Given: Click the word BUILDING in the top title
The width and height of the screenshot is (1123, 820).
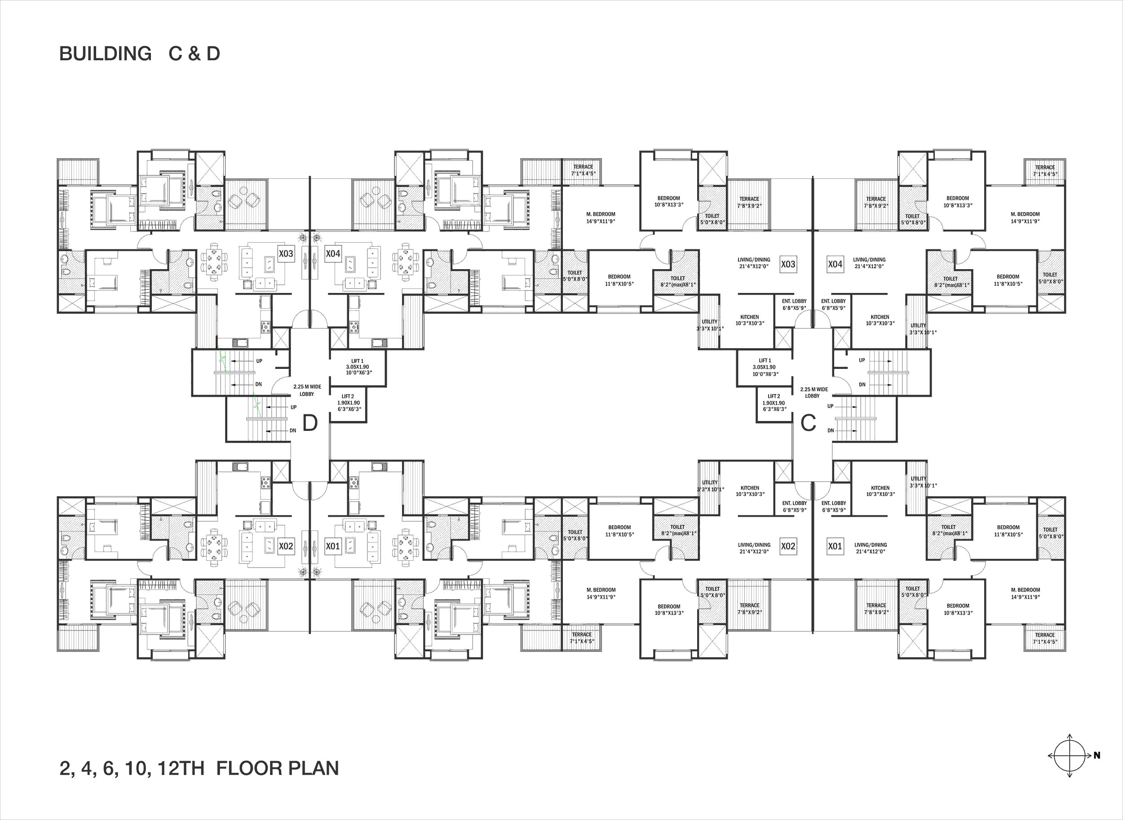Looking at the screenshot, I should click(x=105, y=53).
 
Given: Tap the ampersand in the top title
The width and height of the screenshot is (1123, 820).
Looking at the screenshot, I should click(x=194, y=53).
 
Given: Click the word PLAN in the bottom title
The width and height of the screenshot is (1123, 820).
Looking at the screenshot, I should click(x=314, y=768).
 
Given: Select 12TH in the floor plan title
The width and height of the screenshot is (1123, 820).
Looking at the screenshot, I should click(x=181, y=768).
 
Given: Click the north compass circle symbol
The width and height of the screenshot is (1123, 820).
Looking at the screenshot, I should click(x=1070, y=755).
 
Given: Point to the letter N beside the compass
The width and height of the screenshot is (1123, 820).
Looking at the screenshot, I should click(x=1096, y=755).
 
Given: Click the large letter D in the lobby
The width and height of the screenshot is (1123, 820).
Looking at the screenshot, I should click(x=310, y=423).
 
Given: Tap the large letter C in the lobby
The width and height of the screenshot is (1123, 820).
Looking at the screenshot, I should click(x=809, y=423).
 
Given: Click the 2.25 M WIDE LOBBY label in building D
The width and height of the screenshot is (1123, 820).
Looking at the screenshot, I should click(x=307, y=390).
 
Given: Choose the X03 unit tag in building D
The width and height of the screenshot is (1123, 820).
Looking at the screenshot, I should click(x=286, y=254).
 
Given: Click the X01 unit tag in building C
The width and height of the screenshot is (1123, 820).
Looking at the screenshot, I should click(x=835, y=546).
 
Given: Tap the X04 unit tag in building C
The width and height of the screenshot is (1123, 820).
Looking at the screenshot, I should click(x=835, y=264).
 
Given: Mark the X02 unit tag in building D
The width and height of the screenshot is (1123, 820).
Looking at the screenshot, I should click(x=286, y=546).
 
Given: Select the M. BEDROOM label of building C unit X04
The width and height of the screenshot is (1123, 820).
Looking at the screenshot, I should click(x=1025, y=218).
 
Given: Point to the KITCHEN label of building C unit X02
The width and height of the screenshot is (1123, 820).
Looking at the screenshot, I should click(x=750, y=492).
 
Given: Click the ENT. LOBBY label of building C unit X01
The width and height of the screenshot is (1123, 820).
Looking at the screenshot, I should click(x=834, y=506).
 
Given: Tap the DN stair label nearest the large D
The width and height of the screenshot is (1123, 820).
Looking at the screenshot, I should click(x=293, y=430).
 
